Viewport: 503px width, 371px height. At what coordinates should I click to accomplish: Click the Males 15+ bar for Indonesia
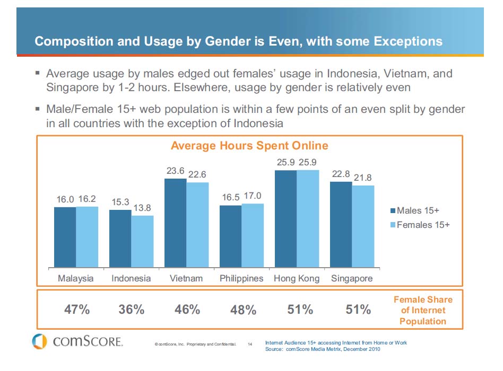[x=120, y=238]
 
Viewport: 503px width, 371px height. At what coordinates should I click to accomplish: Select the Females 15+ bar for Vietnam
[x=197, y=225]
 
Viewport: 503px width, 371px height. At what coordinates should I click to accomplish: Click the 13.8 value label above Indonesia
[x=142, y=208]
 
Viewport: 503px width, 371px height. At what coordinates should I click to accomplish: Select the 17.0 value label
[x=253, y=196]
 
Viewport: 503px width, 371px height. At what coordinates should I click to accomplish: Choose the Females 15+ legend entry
[x=420, y=225]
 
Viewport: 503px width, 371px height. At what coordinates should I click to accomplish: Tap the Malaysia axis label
[x=76, y=278]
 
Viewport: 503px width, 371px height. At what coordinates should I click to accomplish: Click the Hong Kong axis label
[x=297, y=278]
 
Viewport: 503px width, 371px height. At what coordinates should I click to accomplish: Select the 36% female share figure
[x=132, y=310]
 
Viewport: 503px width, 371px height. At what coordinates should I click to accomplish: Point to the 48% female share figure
[x=244, y=310]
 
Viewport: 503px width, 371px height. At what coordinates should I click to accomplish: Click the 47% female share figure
[x=77, y=310]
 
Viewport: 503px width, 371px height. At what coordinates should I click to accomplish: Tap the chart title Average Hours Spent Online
[x=249, y=145]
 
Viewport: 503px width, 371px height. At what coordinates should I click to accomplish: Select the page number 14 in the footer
[x=250, y=344]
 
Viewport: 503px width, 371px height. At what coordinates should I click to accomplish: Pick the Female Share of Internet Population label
[x=423, y=310]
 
